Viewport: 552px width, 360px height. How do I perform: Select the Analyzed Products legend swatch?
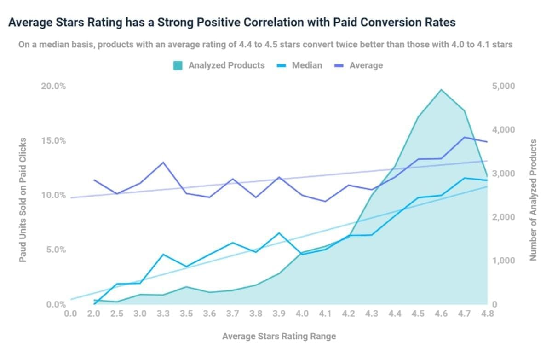178,65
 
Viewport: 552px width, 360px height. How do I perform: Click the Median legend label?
307,65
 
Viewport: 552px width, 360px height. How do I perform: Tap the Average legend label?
366,65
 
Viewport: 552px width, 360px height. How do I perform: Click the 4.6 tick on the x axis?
441,314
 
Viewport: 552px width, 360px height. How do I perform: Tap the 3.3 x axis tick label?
163,314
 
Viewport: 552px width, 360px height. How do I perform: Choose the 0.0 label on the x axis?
70,314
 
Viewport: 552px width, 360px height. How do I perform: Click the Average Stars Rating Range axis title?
279,336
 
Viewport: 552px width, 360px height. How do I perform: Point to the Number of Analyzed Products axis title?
534,200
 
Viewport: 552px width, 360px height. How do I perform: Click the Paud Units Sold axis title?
23,200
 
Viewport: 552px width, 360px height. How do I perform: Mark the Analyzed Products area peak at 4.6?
441,90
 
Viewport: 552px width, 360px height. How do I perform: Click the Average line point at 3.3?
163,163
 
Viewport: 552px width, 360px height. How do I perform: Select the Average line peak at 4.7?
464,137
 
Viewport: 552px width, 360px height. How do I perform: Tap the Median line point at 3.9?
279,233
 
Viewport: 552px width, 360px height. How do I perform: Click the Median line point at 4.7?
464,178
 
